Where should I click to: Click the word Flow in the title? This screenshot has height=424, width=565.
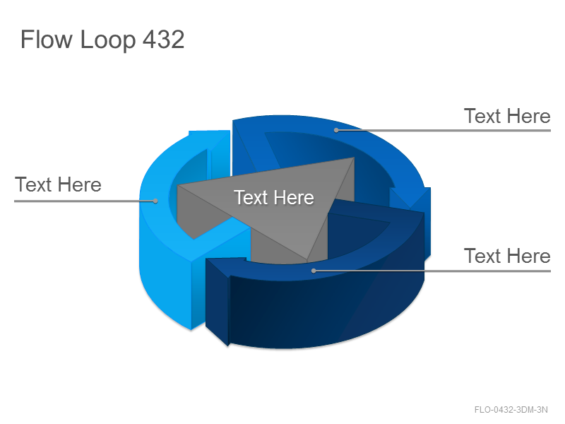pyautogui.click(x=46, y=40)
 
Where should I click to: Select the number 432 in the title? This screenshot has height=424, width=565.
pyautogui.click(x=164, y=40)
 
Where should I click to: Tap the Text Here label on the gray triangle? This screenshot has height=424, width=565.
pyautogui.click(x=274, y=198)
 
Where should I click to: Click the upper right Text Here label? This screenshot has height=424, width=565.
pyautogui.click(x=507, y=116)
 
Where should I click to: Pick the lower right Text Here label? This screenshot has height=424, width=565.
pyautogui.click(x=507, y=256)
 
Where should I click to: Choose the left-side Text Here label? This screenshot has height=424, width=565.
pyautogui.click(x=58, y=184)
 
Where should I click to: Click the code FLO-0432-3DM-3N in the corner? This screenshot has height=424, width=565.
pyautogui.click(x=511, y=410)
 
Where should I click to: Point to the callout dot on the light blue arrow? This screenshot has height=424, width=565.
pyautogui.click(x=155, y=201)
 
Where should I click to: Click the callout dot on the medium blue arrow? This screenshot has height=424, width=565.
pyautogui.click(x=336, y=130)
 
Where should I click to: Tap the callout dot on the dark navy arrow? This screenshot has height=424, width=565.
pyautogui.click(x=314, y=271)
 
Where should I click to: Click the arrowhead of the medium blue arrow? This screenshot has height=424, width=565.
pyautogui.click(x=410, y=208)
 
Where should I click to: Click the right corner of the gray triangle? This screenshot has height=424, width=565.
pyautogui.click(x=355, y=158)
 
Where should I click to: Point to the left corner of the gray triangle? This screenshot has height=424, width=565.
pyautogui.click(x=178, y=186)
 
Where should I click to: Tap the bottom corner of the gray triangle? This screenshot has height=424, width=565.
pyautogui.click(x=307, y=259)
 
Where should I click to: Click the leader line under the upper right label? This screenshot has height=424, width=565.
pyautogui.click(x=444, y=130)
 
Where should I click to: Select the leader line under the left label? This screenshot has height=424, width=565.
pyautogui.click(x=85, y=201)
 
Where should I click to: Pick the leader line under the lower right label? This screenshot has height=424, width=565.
pyautogui.click(x=432, y=271)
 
